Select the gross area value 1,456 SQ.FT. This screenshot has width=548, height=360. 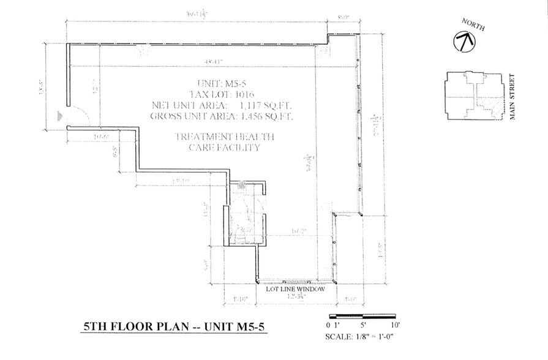click(268, 115)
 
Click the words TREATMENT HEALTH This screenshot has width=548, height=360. click(225, 137)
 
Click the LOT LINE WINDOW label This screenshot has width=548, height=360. click(295, 290)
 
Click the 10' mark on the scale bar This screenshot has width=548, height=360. click(395, 324)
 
